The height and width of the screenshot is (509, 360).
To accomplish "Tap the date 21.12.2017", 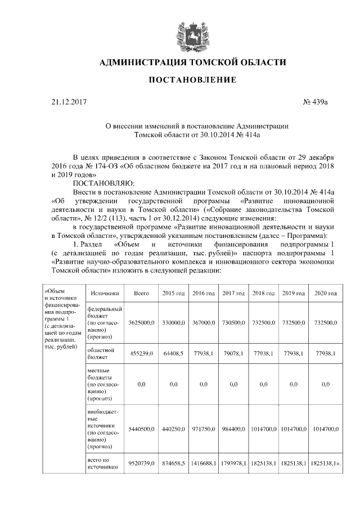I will point(67,103).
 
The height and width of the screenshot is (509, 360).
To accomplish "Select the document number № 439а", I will point(315,103).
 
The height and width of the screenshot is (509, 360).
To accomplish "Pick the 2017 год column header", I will point(233,294).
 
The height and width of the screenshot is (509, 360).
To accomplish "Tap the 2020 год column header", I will point(325,294).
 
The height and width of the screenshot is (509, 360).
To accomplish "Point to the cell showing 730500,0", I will point(233,323).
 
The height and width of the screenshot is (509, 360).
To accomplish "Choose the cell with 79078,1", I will point(233,353).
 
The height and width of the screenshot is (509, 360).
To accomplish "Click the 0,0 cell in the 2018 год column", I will point(263,384).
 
